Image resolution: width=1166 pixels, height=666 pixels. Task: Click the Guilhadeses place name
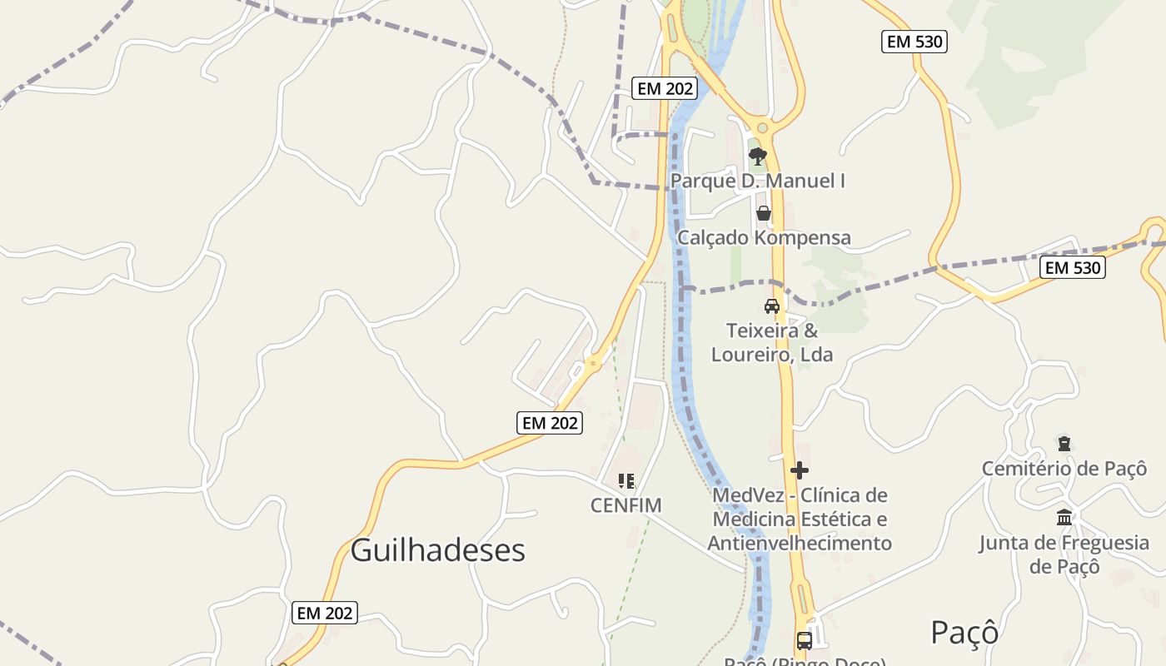(x=437, y=550)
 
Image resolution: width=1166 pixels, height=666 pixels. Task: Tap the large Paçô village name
(x=964, y=633)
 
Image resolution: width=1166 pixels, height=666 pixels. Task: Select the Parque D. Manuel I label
(x=757, y=181)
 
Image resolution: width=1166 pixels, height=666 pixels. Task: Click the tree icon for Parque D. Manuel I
(x=757, y=156)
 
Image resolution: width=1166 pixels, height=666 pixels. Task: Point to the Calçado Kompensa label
(x=764, y=237)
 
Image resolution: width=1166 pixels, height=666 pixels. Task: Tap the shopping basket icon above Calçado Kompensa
(x=764, y=213)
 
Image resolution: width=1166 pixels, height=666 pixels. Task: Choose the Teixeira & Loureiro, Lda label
(x=772, y=342)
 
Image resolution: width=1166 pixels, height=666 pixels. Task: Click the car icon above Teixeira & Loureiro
(x=773, y=306)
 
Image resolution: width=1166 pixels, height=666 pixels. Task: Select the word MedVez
(x=744, y=496)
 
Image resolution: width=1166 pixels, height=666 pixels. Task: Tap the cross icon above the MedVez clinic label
(x=800, y=470)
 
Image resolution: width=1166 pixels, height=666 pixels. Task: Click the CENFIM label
(x=625, y=505)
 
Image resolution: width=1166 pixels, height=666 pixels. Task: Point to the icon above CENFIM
(x=626, y=480)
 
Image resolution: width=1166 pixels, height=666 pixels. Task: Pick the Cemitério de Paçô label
(x=1064, y=468)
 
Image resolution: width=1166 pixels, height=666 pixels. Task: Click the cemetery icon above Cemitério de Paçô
(x=1064, y=443)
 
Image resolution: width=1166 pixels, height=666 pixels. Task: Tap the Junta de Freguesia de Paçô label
(x=1064, y=554)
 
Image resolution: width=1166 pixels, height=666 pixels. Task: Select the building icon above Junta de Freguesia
(x=1064, y=518)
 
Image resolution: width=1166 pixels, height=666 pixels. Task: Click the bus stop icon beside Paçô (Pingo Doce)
(x=804, y=641)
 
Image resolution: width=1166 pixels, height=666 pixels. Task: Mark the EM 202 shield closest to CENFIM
(x=550, y=423)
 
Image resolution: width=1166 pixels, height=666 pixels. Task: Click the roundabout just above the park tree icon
(x=761, y=128)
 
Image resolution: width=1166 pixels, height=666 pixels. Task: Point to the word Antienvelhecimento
(x=800, y=544)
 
